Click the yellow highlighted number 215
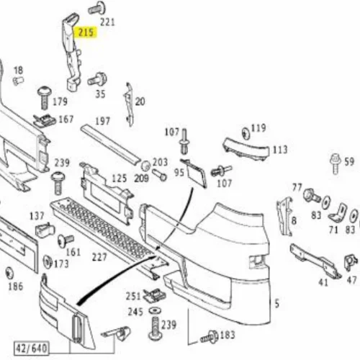click(86, 32)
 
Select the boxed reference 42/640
click(32, 348)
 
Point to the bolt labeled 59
click(336, 163)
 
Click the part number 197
click(102, 121)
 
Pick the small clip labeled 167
click(45, 121)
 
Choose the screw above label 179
click(45, 98)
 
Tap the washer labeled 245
click(155, 311)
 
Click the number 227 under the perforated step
click(99, 257)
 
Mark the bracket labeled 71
click(338, 213)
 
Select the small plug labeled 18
click(18, 81)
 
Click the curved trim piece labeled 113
click(246, 149)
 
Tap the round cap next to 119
click(246, 134)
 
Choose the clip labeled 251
click(155, 295)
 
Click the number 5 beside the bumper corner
click(277, 304)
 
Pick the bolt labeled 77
click(311, 195)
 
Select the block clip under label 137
click(45, 230)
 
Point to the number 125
click(120, 179)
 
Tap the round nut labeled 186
click(9, 273)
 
